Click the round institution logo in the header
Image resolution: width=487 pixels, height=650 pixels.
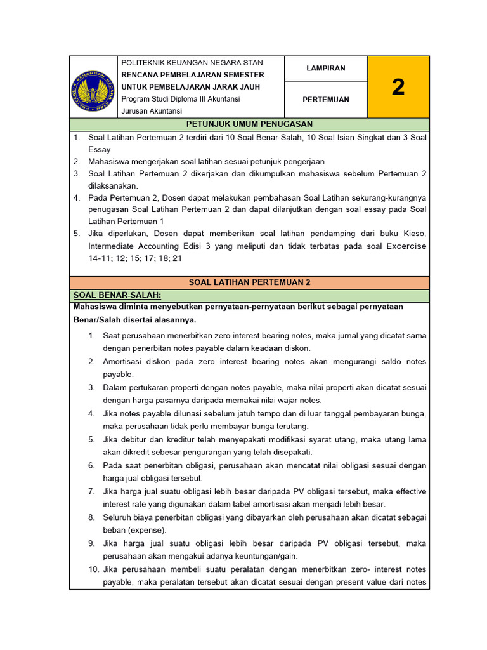(94, 88)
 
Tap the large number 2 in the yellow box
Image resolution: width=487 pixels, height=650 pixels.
(398, 87)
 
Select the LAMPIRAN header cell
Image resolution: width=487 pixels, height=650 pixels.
(325, 69)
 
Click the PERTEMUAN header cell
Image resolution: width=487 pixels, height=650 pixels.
(325, 100)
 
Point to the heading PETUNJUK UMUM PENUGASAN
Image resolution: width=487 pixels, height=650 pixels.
(249, 124)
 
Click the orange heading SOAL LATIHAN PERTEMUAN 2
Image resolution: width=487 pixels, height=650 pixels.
(249, 282)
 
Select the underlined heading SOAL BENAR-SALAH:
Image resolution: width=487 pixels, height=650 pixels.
(117, 296)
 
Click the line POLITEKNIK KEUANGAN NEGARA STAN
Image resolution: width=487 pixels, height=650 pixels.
(192, 63)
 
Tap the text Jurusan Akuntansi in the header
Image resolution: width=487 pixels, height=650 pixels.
(152, 111)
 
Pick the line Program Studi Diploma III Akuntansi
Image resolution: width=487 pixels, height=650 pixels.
(181, 99)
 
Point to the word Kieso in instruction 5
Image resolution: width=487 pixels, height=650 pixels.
(413, 234)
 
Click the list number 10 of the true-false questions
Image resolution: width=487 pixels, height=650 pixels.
(92, 569)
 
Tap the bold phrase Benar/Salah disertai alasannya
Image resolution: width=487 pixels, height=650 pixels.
(135, 319)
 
